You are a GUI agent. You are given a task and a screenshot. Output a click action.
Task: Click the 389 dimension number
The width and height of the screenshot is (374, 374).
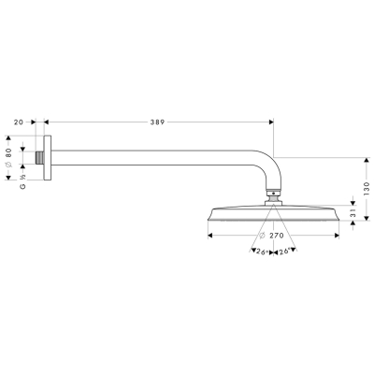157,122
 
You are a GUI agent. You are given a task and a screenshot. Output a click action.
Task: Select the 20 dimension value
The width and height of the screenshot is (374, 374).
19,122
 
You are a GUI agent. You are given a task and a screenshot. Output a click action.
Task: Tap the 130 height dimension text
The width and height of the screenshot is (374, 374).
367,189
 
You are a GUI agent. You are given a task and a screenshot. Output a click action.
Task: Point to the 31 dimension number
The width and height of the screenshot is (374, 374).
352,213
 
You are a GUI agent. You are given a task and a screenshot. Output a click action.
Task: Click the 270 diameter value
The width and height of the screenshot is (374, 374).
277,236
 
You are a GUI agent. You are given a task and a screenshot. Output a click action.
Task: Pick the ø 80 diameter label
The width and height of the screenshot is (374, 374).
8,158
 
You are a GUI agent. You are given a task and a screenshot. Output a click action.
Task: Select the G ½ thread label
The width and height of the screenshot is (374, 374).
22,181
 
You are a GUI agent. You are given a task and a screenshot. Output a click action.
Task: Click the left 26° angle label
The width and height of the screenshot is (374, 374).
262,252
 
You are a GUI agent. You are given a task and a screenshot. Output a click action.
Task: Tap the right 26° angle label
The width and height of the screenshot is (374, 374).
284,252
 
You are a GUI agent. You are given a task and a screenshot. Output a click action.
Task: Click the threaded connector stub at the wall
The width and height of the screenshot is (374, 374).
39,158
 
